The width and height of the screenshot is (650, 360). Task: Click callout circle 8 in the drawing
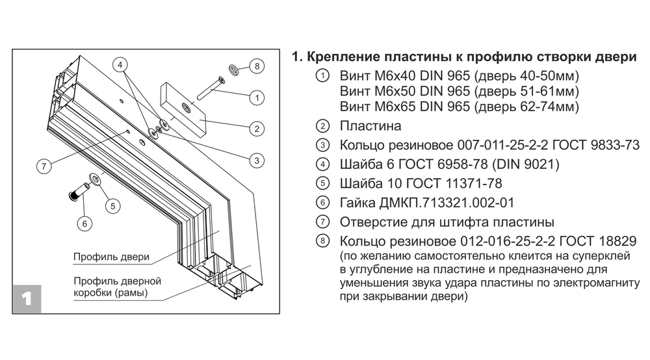(257, 66)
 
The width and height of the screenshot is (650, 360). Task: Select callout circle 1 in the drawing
(257, 97)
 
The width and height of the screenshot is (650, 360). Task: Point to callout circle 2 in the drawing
(257, 129)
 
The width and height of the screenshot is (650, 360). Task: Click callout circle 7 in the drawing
(44, 166)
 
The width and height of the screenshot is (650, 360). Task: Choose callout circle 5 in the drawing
(112, 206)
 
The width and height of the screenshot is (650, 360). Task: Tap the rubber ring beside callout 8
(233, 68)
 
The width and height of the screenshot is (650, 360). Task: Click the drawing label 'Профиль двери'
(111, 257)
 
